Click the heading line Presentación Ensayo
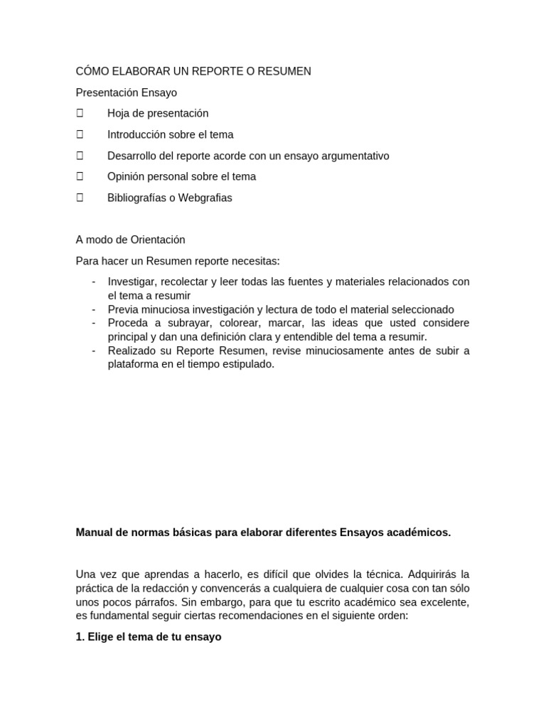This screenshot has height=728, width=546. [x=127, y=92]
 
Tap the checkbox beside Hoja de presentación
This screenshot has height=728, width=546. [x=80, y=113]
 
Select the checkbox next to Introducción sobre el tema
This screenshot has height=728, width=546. [x=80, y=134]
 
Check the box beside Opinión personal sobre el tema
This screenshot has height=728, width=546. [x=80, y=176]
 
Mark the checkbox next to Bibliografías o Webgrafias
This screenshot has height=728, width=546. [x=80, y=198]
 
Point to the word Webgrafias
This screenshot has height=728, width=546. [x=205, y=198]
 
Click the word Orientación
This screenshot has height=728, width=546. [x=158, y=240]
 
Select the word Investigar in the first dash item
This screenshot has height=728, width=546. [x=132, y=282]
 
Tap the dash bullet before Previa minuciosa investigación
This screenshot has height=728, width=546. [x=94, y=309]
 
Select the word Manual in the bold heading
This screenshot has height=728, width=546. [x=94, y=532]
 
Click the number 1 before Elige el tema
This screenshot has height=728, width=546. [x=79, y=637]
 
